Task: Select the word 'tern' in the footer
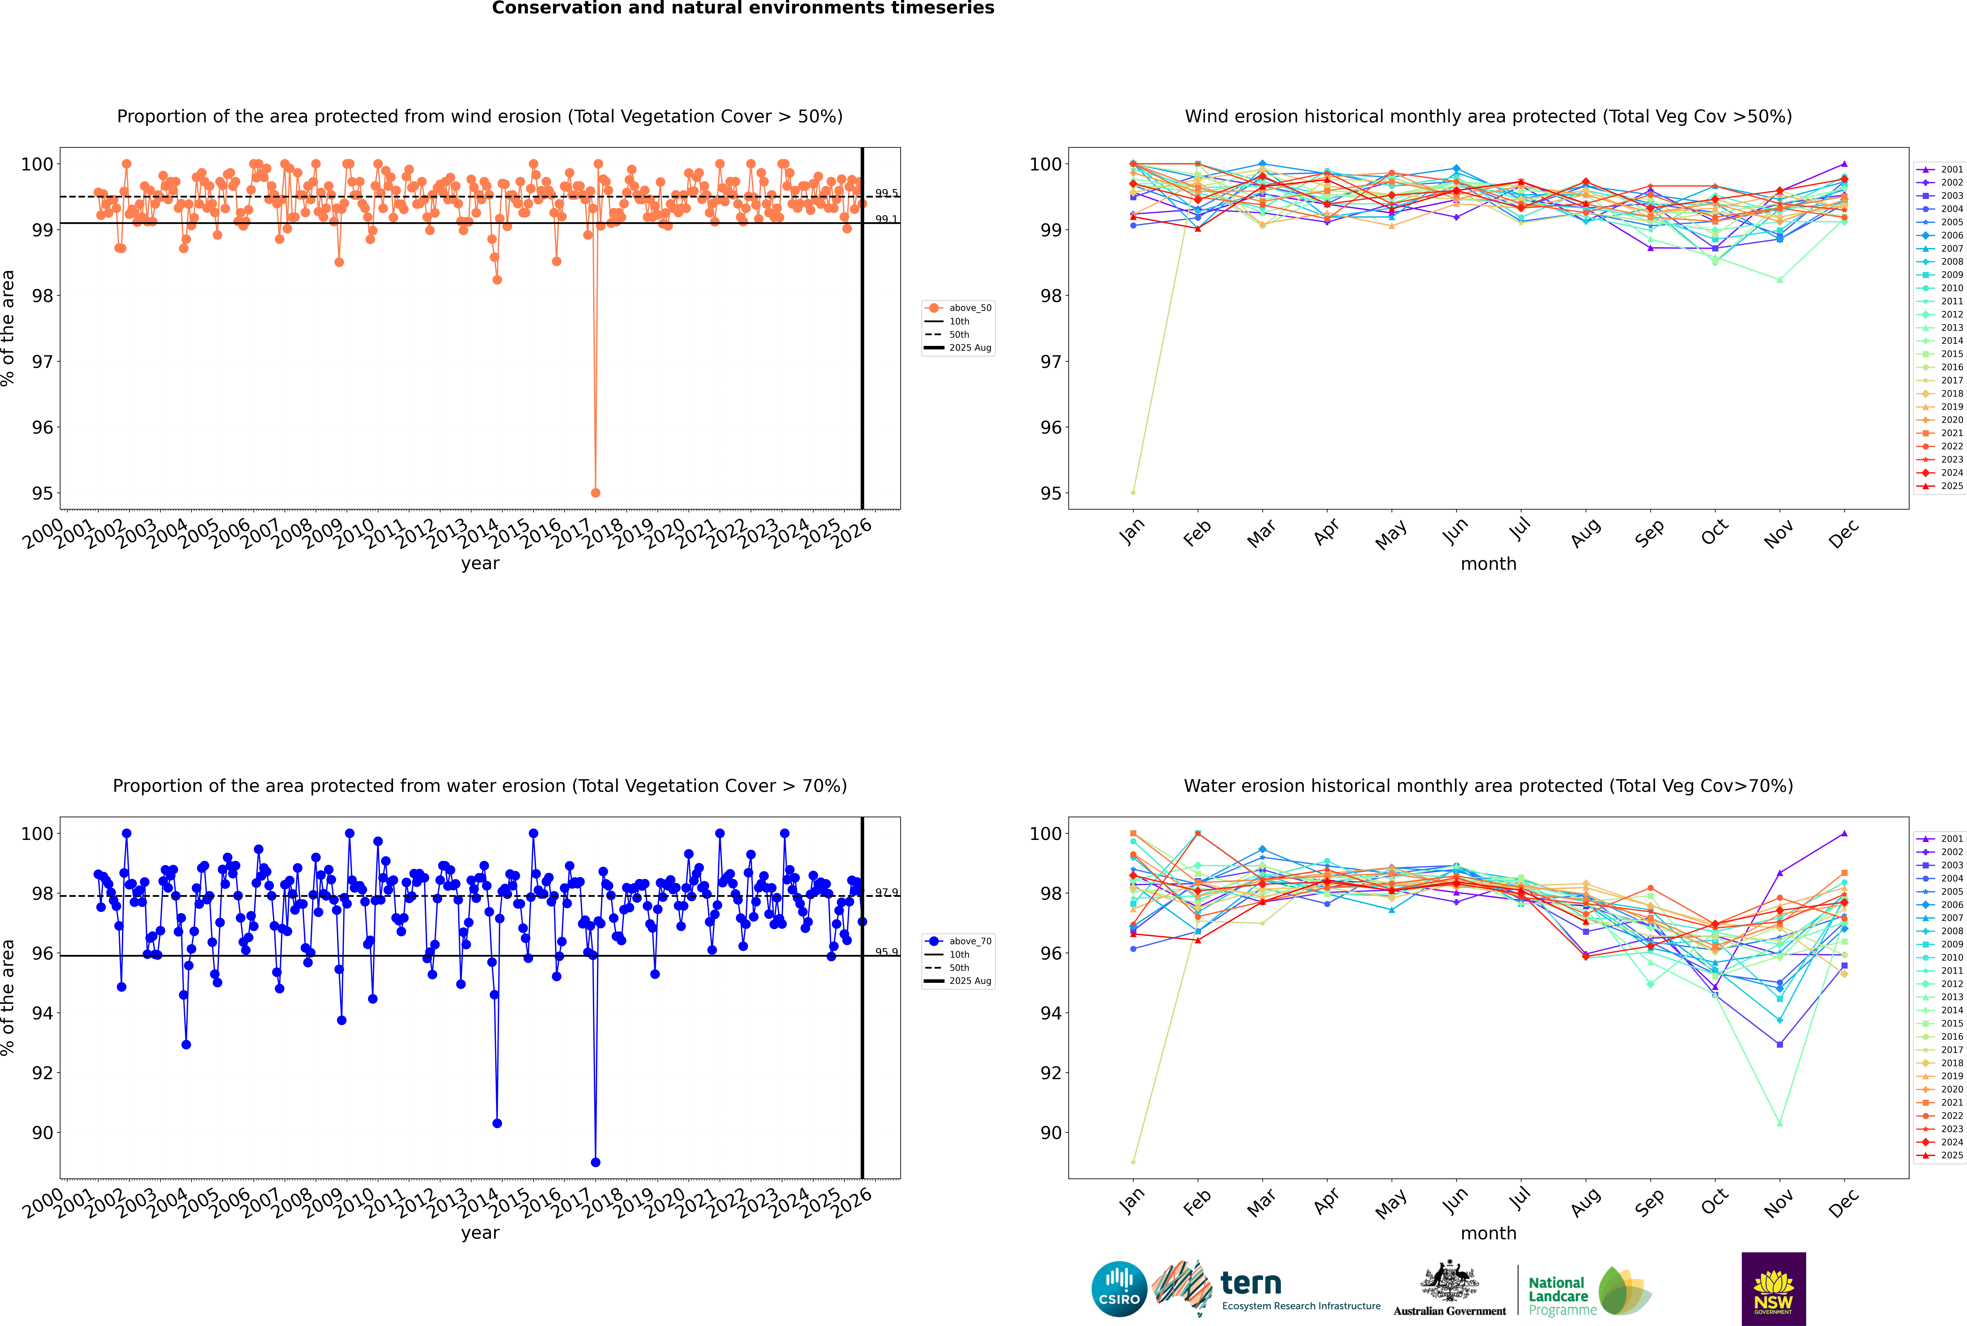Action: point(1251,1284)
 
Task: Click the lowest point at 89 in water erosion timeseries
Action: point(595,1162)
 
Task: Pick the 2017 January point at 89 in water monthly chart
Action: point(1133,1162)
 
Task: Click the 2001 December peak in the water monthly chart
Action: point(1844,833)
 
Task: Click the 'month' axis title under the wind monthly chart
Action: point(1488,564)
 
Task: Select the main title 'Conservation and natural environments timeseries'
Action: point(742,8)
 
